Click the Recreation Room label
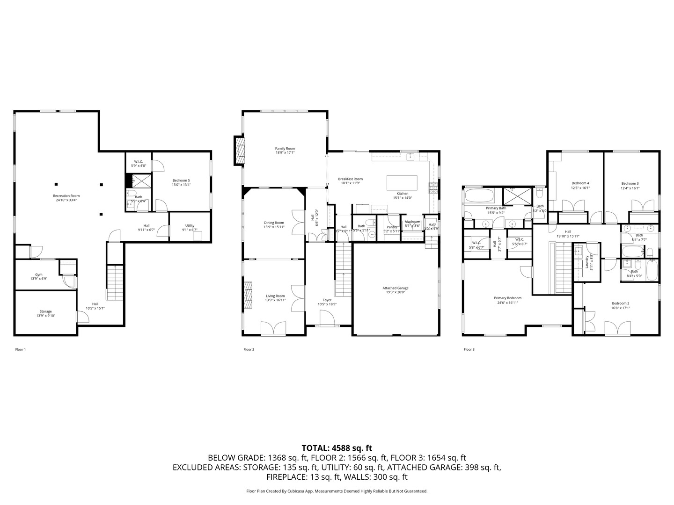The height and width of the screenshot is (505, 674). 66,196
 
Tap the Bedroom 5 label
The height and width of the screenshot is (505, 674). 181,180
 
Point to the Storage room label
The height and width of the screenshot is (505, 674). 45,311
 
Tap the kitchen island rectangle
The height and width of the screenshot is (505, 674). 402,182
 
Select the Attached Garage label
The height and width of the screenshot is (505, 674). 396,288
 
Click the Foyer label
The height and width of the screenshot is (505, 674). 327,300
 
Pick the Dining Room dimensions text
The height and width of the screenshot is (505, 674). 274,227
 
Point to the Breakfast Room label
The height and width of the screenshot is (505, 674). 350,179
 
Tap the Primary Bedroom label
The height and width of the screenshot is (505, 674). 507,298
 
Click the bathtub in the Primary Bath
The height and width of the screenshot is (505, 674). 479,195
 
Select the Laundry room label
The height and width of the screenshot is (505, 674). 586,262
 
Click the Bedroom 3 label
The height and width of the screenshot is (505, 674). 630,183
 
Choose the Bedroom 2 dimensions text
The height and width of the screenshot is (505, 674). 621,308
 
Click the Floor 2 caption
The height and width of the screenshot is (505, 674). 249,349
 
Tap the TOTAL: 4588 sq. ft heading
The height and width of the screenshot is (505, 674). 337,448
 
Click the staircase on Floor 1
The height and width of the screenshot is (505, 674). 115,282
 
